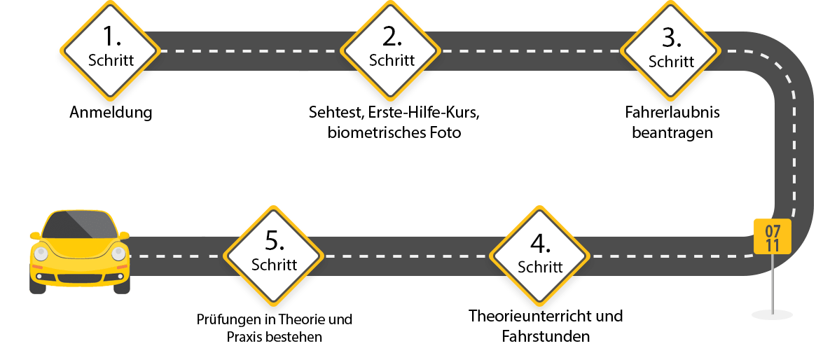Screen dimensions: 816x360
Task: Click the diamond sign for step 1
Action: tap(111, 51)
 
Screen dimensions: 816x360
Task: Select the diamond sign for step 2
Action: tap(392, 51)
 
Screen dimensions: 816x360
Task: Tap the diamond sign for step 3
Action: tap(671, 51)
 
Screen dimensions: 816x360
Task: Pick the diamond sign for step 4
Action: tap(540, 256)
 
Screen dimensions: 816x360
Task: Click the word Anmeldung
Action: tap(111, 113)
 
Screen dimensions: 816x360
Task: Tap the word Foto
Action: tap(445, 132)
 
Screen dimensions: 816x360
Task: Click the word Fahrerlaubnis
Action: tap(671, 113)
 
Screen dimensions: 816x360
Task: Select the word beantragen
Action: tap(672, 132)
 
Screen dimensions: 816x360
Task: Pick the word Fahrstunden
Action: tap(546, 336)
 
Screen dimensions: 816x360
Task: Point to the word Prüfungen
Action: tap(225, 319)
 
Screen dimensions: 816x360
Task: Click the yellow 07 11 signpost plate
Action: tap(773, 237)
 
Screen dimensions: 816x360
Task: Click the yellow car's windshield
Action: tap(79, 224)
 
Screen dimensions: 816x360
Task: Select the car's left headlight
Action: tap(41, 254)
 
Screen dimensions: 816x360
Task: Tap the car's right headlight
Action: tap(118, 254)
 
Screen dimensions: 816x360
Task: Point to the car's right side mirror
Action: tap(124, 235)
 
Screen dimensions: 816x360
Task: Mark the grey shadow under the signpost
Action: tap(773, 314)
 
